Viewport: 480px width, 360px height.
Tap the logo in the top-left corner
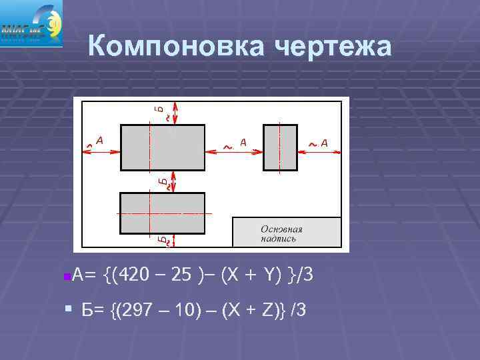(x=31, y=23)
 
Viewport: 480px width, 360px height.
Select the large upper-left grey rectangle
(x=163, y=147)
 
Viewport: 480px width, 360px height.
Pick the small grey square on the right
(x=280, y=147)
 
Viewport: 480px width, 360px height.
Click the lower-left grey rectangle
(x=162, y=213)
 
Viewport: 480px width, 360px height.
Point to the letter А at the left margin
(x=99, y=140)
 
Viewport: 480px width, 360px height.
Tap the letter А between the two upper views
(x=243, y=141)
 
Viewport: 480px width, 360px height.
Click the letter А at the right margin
(x=325, y=142)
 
